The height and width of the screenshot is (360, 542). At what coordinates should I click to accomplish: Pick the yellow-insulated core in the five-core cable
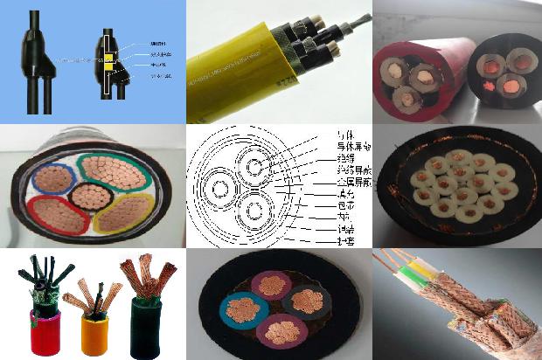click(122, 211)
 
